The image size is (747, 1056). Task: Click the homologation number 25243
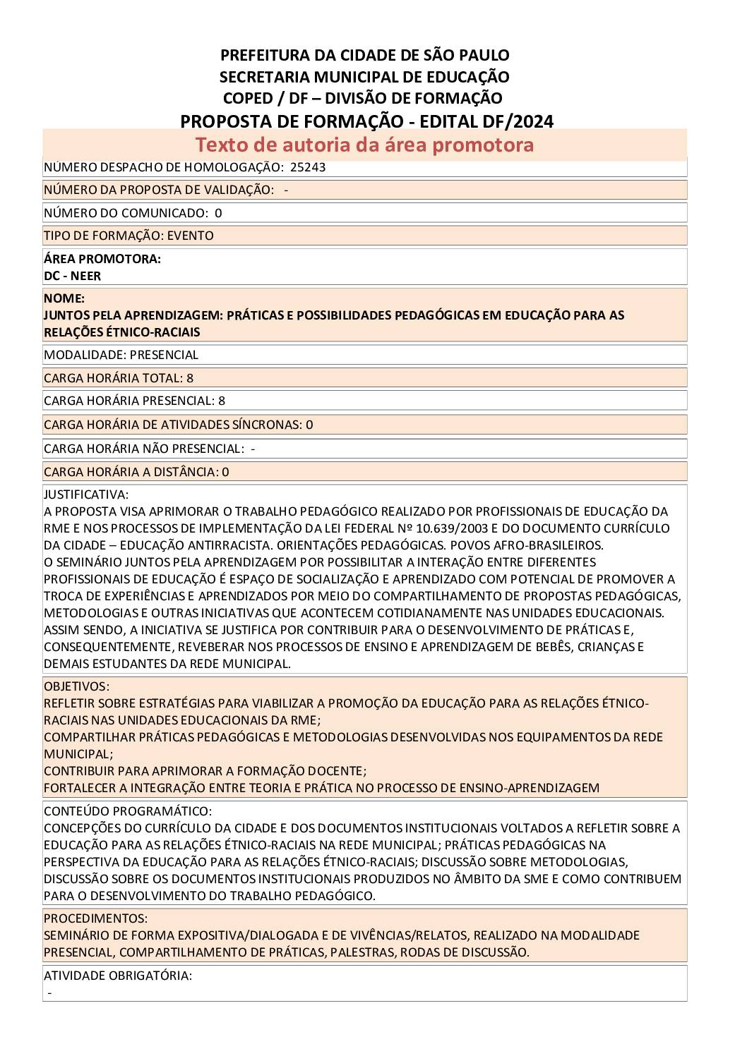point(308,168)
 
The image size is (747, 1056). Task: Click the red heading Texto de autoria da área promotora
point(364,145)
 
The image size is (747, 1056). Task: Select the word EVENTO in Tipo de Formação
point(190,236)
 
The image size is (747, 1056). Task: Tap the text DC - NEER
point(72,276)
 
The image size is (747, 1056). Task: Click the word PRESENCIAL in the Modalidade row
point(164,355)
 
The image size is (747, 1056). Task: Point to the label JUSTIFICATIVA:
point(86,494)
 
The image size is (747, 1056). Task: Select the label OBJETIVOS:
point(76,686)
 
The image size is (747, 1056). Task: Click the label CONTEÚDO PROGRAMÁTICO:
point(128,811)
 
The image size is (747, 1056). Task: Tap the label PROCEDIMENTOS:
point(95,918)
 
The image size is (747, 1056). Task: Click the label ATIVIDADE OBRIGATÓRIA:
point(118,976)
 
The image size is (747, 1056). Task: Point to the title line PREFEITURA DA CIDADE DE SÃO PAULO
point(364,55)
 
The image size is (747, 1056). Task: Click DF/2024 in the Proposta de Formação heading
point(518,121)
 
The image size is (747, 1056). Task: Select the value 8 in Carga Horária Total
point(190,378)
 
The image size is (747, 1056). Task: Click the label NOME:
point(64,298)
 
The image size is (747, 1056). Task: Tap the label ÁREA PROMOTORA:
point(102,259)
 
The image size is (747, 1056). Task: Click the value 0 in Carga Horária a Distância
point(225,472)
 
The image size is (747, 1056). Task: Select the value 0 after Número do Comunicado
point(218,213)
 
